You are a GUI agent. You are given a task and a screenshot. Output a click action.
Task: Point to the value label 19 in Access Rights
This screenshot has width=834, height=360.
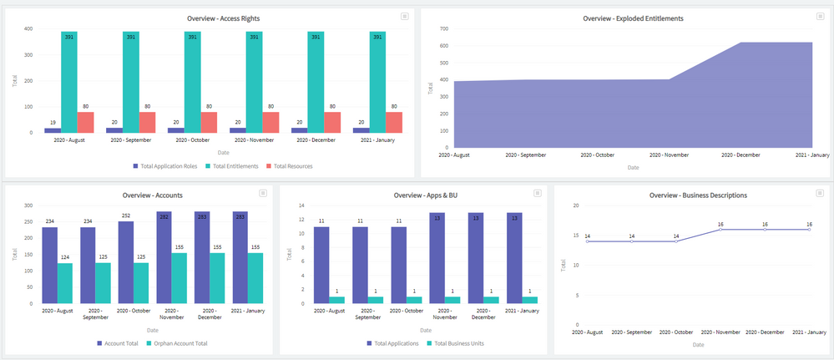tap(52, 123)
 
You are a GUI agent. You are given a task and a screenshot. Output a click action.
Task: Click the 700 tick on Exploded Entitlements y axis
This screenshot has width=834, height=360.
tap(443, 28)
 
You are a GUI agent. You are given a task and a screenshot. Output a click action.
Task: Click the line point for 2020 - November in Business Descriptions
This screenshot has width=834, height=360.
tap(720, 229)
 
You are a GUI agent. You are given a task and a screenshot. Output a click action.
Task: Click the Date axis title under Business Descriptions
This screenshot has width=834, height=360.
tap(698, 344)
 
